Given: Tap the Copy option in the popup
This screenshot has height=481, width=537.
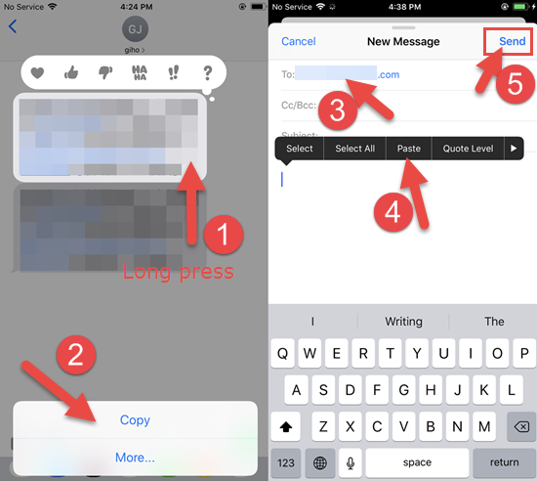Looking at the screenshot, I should pyautogui.click(x=135, y=419).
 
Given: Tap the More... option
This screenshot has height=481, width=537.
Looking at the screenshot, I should pyautogui.click(x=135, y=457).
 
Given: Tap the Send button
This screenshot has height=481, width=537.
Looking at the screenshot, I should pyautogui.click(x=512, y=42).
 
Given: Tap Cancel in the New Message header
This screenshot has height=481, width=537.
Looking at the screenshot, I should pyautogui.click(x=298, y=42).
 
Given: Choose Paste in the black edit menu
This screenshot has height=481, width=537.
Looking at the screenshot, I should pyautogui.click(x=409, y=149).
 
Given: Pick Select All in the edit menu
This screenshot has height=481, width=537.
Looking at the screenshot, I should pyautogui.click(x=354, y=149).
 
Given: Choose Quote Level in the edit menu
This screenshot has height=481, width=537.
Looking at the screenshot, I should pyautogui.click(x=468, y=149).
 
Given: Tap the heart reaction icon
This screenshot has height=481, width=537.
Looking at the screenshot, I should pyautogui.click(x=38, y=72).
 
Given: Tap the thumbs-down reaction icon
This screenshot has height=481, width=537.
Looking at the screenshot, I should pyautogui.click(x=105, y=72).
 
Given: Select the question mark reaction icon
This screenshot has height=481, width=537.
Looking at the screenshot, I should pyautogui.click(x=207, y=72).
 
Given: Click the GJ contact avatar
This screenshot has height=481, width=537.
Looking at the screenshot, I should pyautogui.click(x=135, y=27).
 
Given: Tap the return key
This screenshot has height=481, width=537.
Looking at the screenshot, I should pyautogui.click(x=504, y=461).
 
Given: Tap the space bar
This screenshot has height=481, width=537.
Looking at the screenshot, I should pyautogui.click(x=417, y=461).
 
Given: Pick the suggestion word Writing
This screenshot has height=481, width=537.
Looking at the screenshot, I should pyautogui.click(x=403, y=321).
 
